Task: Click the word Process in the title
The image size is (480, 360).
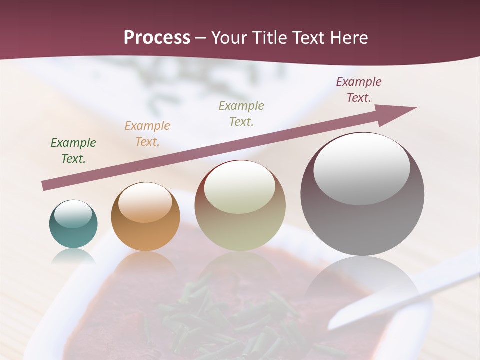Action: [x=157, y=38]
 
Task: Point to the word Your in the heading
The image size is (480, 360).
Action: [x=231, y=38]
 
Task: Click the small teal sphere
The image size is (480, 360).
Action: [x=73, y=224]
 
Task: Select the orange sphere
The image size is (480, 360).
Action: [x=145, y=217]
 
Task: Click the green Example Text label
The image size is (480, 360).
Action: [x=73, y=151]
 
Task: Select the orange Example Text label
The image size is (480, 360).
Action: [x=147, y=134]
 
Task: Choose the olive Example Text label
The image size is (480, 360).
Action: [x=241, y=114]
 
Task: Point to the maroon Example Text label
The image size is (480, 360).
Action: [x=359, y=90]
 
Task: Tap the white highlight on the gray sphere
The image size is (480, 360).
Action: [x=361, y=167]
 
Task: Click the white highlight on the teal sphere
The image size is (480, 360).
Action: [x=73, y=214]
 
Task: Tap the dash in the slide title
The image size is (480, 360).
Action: [x=201, y=38]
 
